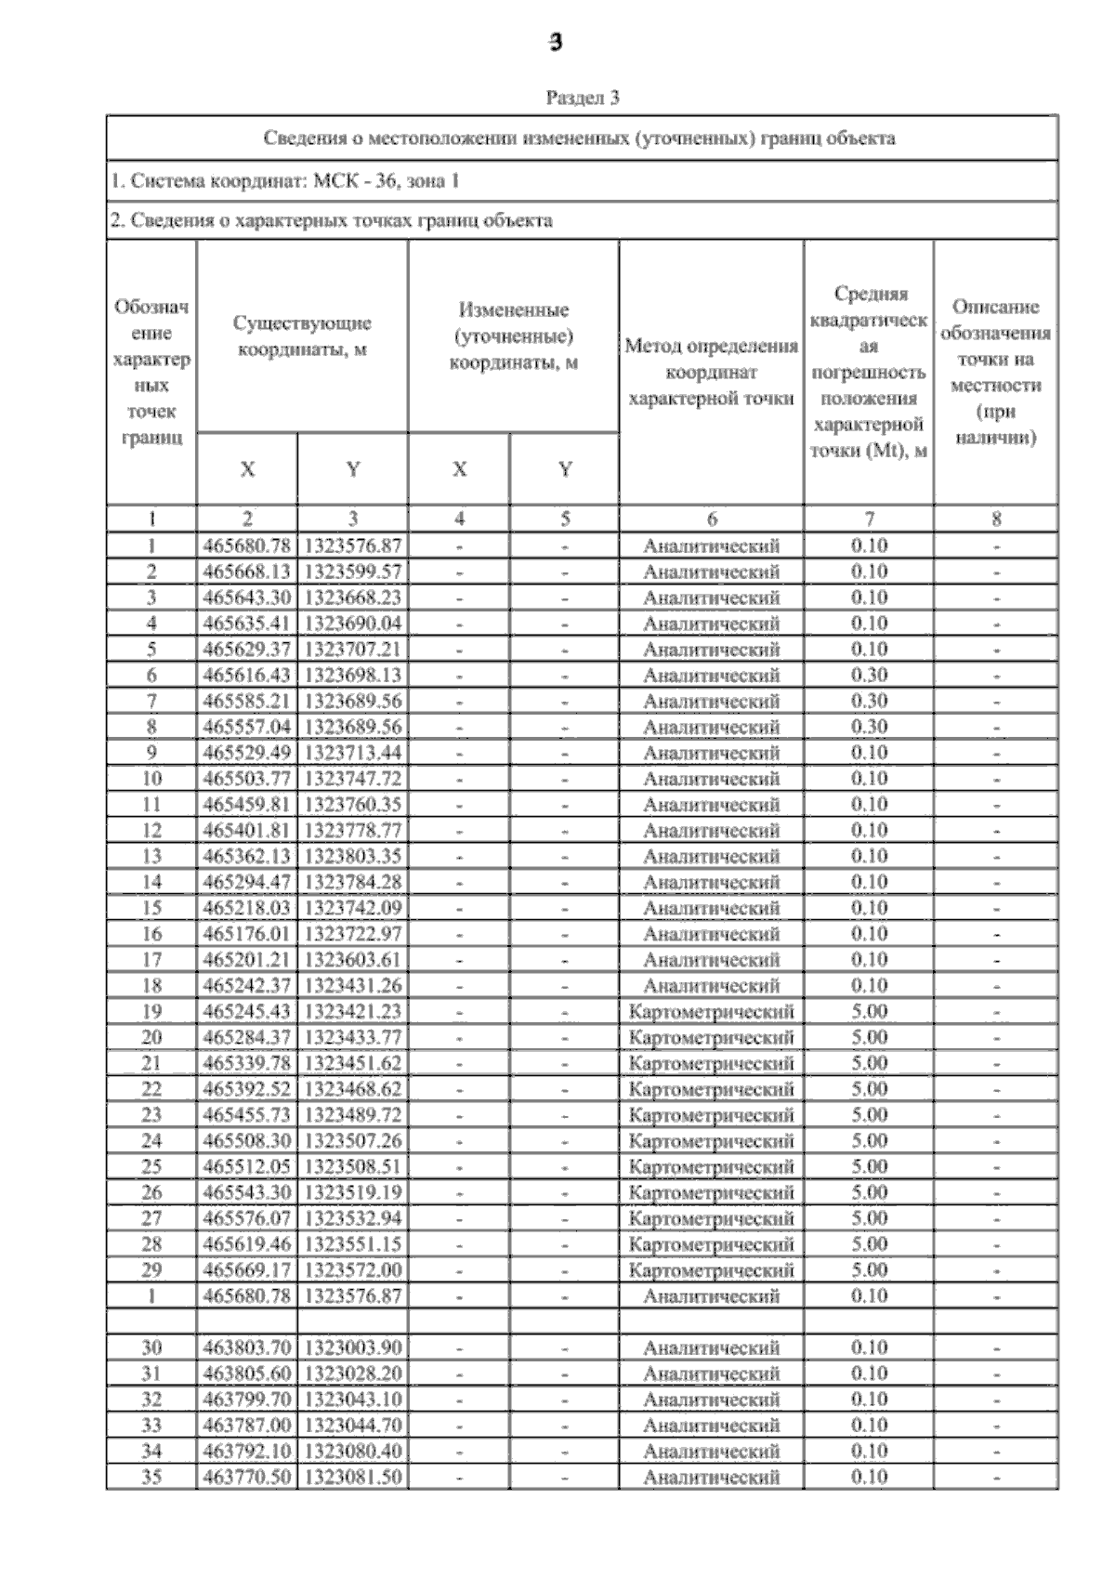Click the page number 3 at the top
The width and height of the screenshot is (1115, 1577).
556,43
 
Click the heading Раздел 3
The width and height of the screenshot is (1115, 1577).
582,98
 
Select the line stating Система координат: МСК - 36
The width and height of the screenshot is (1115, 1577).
285,181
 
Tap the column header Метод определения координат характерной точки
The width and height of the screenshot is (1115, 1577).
711,372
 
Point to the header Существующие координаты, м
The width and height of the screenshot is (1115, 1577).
302,335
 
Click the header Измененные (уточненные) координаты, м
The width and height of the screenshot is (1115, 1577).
513,335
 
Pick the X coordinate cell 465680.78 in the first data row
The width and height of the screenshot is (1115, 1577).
247,545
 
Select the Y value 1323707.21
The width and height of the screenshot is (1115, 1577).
353,649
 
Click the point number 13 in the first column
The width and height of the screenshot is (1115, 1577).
151,856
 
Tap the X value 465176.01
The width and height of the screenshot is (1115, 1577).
247,933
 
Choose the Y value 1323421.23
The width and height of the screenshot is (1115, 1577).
353,1011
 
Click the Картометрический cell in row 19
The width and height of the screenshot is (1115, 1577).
711,1011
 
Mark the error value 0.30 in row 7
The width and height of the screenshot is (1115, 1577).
869,701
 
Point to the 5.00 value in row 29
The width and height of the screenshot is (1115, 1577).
869,1269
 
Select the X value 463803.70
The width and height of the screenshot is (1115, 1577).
247,1347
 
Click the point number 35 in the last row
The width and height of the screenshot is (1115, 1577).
151,1477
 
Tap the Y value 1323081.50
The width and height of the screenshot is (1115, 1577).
353,1477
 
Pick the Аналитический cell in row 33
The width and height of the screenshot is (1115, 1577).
711,1425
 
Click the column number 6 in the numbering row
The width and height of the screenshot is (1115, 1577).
711,519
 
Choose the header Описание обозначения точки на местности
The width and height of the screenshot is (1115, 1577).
995,372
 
